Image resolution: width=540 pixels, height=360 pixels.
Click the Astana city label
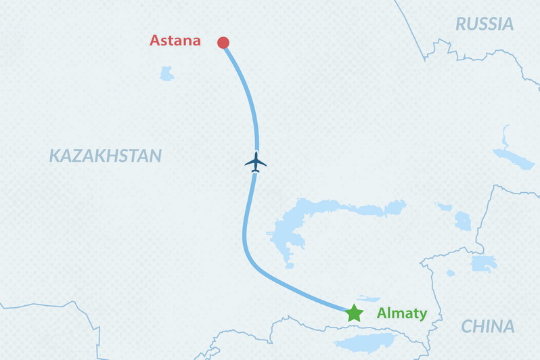(x=175, y=41)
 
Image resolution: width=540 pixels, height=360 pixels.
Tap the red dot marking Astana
(x=223, y=43)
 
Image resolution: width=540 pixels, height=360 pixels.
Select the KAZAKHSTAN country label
(x=105, y=156)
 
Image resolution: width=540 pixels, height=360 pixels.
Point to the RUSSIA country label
(x=484, y=24)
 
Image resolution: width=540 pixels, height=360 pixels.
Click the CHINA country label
(x=487, y=327)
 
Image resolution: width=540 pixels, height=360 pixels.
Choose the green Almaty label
(x=401, y=313)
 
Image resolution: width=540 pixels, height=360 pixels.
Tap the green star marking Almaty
(x=354, y=313)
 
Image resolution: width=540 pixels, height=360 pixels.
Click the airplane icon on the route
(x=255, y=162)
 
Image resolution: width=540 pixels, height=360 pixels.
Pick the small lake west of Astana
(x=166, y=73)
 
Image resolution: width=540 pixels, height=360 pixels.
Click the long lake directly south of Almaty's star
(x=365, y=342)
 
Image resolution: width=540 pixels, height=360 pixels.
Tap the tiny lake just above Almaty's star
(x=368, y=298)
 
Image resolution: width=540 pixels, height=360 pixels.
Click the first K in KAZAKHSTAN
(x=54, y=156)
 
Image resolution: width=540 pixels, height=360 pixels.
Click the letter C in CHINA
(x=467, y=327)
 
